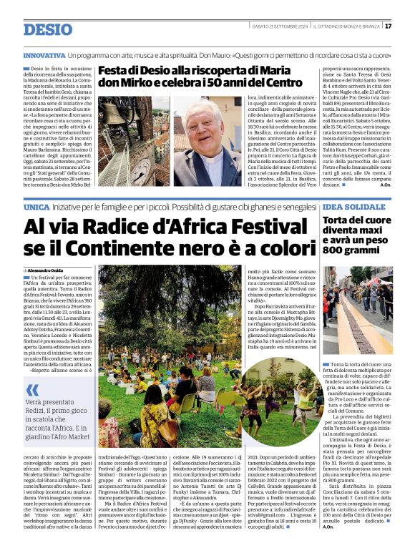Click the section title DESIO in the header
(x=48, y=29)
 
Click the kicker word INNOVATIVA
(x=44, y=55)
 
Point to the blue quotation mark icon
(x=32, y=389)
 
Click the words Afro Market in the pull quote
(x=67, y=436)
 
